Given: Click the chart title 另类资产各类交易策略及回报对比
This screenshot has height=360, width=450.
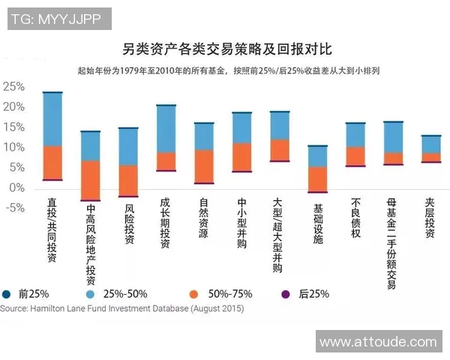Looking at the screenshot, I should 226,50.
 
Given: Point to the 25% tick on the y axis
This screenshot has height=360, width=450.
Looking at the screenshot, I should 14,86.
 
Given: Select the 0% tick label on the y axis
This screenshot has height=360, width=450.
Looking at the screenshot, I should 16,188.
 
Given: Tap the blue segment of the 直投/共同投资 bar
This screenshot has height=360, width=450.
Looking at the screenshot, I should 52,119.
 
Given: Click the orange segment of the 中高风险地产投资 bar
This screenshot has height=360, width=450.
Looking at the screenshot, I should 90,180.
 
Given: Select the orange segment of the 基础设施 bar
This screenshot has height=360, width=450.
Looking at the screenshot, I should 317,178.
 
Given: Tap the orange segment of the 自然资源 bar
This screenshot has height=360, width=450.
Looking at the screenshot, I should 204,166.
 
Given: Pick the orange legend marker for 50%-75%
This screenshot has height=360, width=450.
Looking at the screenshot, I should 193,294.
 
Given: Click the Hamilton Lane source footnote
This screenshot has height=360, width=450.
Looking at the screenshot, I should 121,308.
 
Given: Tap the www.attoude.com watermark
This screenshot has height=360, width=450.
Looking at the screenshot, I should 378,342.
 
